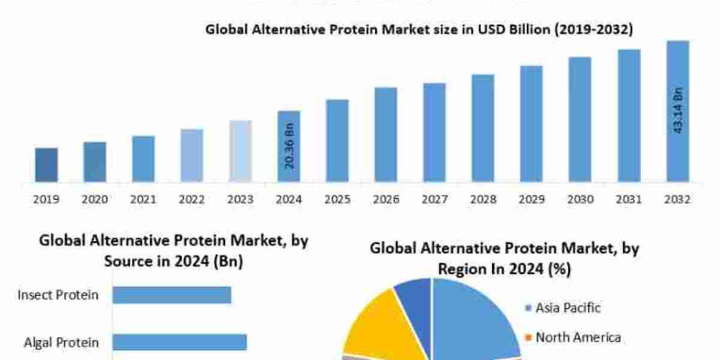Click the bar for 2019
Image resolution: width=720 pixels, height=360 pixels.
pyautogui.click(x=46, y=164)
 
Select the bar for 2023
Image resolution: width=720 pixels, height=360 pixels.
pyautogui.click(x=241, y=151)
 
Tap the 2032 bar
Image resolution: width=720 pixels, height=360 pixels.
pyautogui.click(x=677, y=111)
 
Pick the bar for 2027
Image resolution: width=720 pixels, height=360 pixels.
pyautogui.click(x=434, y=132)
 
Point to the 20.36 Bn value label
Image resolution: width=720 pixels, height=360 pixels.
pyautogui.click(x=289, y=146)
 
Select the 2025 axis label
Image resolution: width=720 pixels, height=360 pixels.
pyautogui.click(x=338, y=200)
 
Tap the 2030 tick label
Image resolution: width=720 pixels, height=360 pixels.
pyautogui.click(x=580, y=200)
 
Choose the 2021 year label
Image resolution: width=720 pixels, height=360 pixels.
pyautogui.click(x=143, y=200)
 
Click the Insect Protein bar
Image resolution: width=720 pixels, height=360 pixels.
pyautogui.click(x=172, y=295)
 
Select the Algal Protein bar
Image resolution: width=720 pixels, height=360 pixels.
pyautogui.click(x=179, y=342)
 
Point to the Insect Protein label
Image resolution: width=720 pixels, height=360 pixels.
pyautogui.click(x=58, y=295)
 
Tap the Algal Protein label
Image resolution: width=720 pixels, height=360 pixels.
pyautogui.click(x=61, y=343)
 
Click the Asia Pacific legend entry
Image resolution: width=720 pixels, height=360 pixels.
pyautogui.click(x=562, y=308)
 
